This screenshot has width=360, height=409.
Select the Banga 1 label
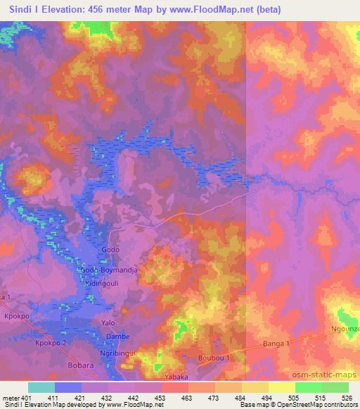276,343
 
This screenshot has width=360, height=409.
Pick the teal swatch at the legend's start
41,387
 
